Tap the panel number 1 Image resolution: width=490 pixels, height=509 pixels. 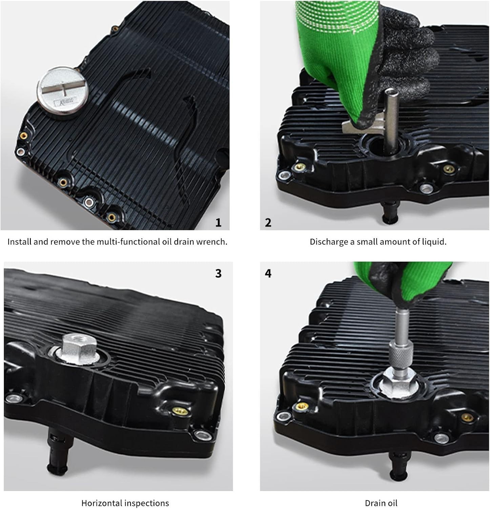point(218,223)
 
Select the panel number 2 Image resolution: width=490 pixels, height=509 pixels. point(268,223)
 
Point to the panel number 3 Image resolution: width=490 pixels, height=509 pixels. point(218,273)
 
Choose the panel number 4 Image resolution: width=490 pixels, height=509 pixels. point(268,273)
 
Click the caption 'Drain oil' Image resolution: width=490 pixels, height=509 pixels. point(381,503)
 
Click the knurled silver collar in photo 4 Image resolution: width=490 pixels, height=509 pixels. point(401,354)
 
